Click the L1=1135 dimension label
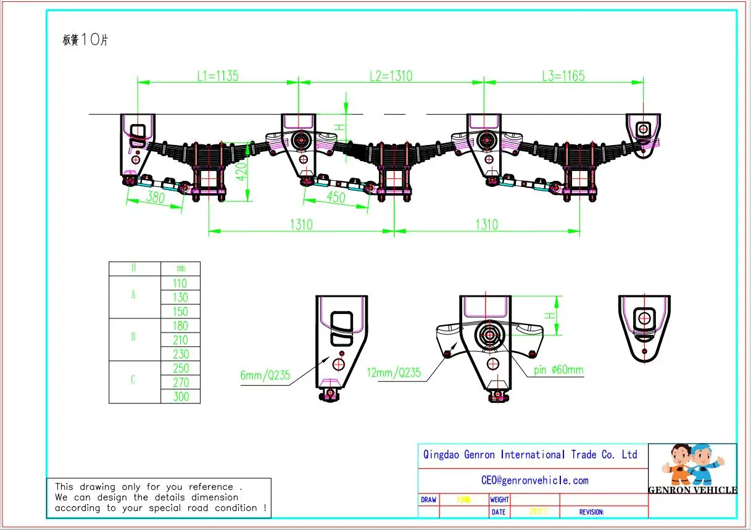coord(217,76)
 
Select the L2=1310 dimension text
coord(391,76)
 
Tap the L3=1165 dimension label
coord(563,76)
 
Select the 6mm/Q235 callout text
coord(265,374)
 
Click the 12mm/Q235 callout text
coord(394,373)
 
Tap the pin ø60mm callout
coord(559,371)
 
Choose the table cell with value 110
coord(180,283)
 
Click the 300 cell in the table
coord(180,396)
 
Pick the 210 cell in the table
coord(180,340)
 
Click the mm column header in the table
coord(180,268)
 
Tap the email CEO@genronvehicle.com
coord(534,480)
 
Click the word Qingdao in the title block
coord(442,455)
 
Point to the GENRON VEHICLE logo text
coord(692,490)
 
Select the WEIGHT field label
coord(499,500)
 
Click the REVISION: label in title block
coord(591,512)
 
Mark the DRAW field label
coord(428,500)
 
